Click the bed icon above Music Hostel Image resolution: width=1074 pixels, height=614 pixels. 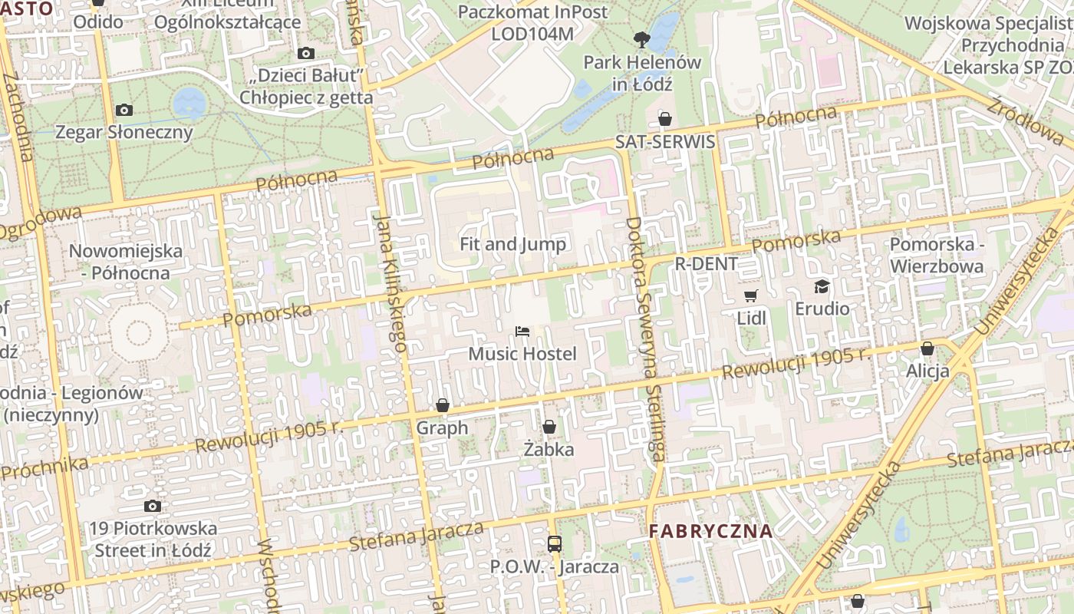522,332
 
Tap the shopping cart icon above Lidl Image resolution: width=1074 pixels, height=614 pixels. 751,295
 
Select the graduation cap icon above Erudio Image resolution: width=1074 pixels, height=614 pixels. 822,286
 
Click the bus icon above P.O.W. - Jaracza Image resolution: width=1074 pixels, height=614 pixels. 554,544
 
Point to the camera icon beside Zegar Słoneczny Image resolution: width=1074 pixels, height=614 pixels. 124,111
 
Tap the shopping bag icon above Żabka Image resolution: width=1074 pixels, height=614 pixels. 549,427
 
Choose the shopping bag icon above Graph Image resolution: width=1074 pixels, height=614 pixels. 442,405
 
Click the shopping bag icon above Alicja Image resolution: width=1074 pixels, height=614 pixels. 927,348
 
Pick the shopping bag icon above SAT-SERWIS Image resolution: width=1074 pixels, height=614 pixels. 665,119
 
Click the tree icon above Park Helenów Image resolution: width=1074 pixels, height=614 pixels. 641,39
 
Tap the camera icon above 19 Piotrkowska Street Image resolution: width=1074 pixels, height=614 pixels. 153,507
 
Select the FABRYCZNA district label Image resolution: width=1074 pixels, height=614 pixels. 710,531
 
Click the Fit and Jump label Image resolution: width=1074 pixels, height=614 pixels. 512,244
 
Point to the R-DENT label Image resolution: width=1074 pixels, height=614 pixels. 706,264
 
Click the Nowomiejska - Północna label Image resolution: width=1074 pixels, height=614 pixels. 126,262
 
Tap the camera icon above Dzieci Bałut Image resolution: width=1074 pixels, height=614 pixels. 306,53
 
